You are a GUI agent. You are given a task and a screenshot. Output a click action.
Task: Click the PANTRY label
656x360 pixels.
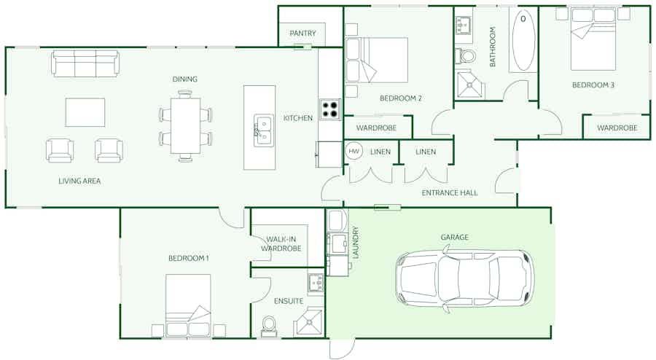coord(302,33)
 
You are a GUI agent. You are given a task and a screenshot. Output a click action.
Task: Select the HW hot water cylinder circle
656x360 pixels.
coord(354,152)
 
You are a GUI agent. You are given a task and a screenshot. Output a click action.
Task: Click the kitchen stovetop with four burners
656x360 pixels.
coord(330,109)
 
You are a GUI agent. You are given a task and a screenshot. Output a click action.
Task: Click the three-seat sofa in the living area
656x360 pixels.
coord(85,63)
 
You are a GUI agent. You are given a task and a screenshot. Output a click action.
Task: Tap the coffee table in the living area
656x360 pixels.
coord(85,112)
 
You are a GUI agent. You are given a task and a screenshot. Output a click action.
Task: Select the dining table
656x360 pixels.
coord(185,125)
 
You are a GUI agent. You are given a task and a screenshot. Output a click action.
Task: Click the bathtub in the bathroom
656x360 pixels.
coord(523,40)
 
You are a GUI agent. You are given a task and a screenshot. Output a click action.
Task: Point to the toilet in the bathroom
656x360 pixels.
coord(466,55)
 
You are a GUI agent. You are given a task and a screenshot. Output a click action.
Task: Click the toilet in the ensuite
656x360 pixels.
coord(268,326)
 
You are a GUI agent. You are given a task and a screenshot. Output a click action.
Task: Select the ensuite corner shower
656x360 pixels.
coord(308,322)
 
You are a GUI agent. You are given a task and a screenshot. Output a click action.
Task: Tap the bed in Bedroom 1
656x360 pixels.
coord(188,305)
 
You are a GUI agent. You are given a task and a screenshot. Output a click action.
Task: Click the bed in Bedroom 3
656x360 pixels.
coord(593,39)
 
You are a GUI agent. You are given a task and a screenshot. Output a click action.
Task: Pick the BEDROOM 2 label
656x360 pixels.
coord(400,98)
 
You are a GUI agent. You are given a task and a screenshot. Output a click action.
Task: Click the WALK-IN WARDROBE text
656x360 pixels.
coord(281,243)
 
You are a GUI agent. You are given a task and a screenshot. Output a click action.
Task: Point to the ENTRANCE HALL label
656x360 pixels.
coord(449,192)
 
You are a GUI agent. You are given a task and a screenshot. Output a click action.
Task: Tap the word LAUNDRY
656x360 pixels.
coord(356,243)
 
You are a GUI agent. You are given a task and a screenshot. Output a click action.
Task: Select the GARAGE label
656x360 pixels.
coord(454,237)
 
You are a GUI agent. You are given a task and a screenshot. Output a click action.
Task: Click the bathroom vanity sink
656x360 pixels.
coord(463,26)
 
